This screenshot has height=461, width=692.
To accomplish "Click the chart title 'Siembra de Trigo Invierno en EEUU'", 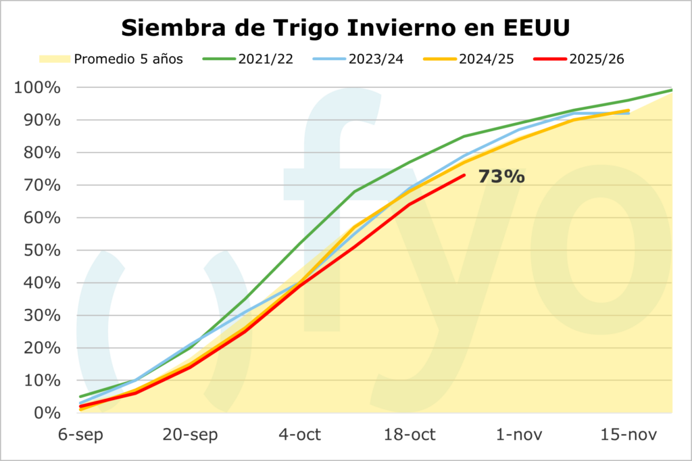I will (x=345, y=28).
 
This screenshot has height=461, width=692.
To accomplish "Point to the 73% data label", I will (x=501, y=177).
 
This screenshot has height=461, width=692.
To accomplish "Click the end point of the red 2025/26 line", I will (x=464, y=175).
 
